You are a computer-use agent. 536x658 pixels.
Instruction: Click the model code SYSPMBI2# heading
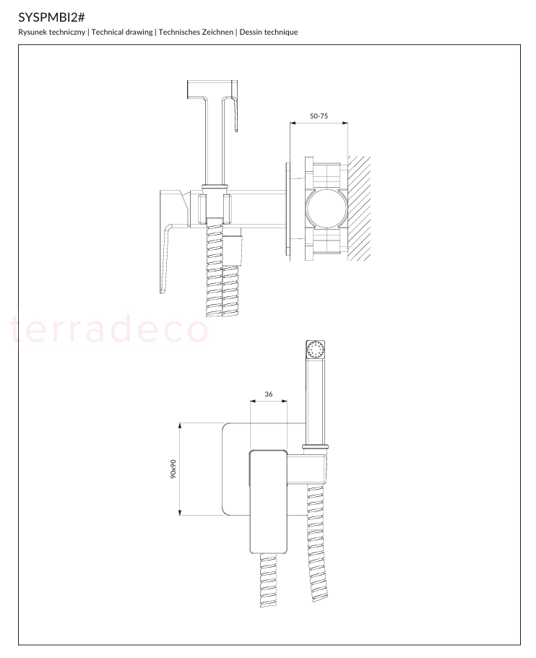click(x=51, y=17)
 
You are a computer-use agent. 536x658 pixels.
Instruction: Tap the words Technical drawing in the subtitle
click(x=122, y=32)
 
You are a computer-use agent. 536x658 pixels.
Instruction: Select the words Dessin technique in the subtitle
click(x=269, y=32)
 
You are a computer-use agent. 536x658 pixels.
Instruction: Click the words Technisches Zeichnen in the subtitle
click(x=196, y=32)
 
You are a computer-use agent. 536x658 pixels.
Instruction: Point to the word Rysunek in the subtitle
click(x=33, y=32)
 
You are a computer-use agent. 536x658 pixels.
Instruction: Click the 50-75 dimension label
click(x=319, y=116)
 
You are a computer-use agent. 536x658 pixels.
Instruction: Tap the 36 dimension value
click(x=269, y=394)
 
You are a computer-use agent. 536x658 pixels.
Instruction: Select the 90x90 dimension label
click(x=173, y=469)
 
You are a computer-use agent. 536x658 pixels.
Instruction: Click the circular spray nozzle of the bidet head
click(x=316, y=350)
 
